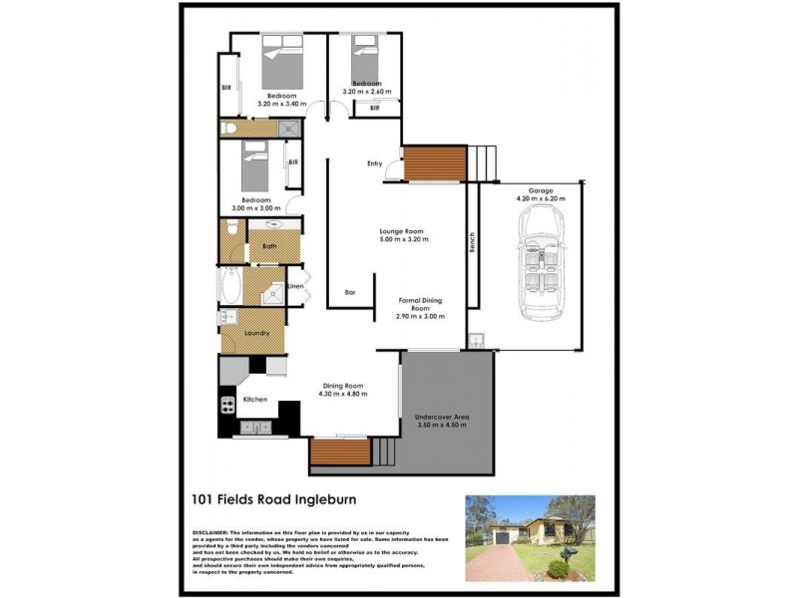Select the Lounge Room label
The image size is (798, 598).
coord(403,230)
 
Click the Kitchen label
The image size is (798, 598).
coord(255,401)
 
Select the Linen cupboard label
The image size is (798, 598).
coord(295,287)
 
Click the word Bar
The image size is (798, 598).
coord(350,292)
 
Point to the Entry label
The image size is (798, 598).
coord(374,163)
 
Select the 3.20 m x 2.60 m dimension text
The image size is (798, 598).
coord(366,92)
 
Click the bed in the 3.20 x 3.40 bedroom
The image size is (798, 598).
coord(282,64)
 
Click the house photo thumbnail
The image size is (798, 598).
coord(529,539)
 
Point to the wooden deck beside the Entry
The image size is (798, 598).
coord(436,163)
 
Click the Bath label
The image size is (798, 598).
coord(269,245)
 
